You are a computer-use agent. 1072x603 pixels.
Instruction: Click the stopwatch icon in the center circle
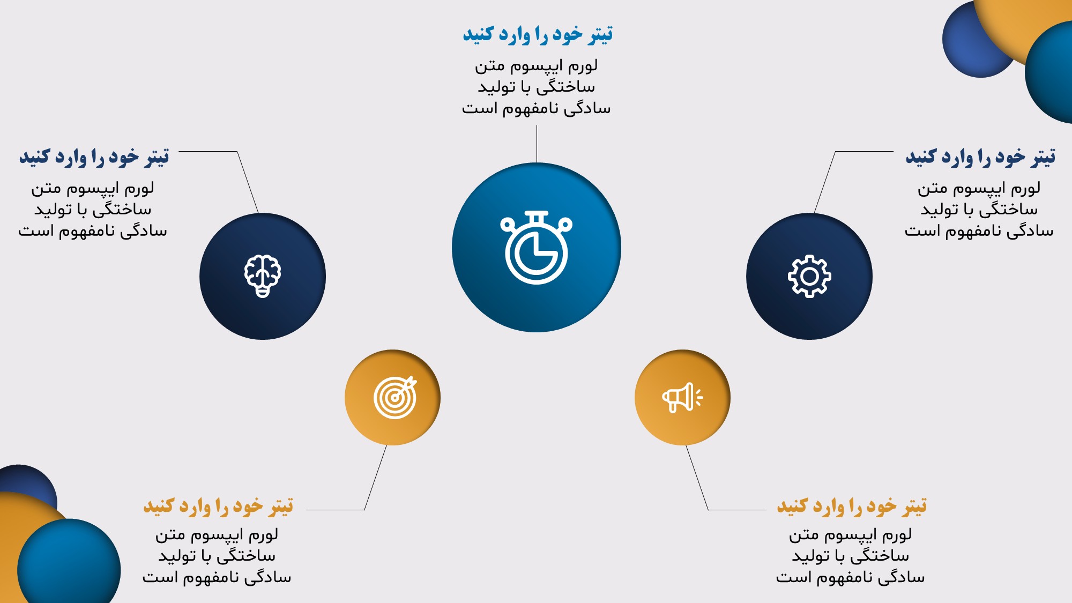536,247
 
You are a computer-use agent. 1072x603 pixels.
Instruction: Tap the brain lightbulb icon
263,276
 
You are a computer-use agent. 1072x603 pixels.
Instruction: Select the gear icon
809,276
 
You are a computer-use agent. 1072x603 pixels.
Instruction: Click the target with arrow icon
396,397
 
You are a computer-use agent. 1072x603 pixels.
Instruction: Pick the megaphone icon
682,398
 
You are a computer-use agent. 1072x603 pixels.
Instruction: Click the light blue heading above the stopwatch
538,34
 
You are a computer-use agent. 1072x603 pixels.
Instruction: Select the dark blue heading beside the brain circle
94,157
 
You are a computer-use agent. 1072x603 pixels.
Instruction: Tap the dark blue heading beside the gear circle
980,157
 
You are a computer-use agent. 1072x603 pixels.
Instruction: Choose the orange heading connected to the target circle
218,506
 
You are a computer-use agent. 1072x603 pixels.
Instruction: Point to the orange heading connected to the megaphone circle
852,506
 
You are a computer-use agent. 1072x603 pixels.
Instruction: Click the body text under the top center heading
537,87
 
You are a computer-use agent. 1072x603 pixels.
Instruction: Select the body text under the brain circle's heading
93,210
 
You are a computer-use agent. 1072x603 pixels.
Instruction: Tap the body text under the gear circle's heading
979,210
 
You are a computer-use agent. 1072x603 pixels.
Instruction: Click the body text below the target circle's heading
217,556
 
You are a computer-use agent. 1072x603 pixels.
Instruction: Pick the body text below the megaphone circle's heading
851,556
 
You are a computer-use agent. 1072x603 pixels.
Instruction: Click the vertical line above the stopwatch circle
537,144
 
